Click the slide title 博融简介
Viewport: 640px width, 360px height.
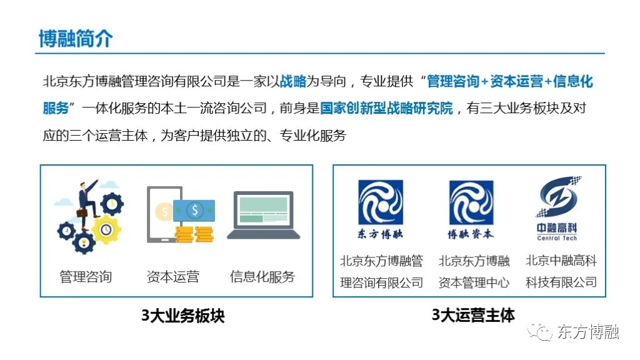(x=76, y=39)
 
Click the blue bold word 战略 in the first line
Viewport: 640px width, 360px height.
(x=293, y=81)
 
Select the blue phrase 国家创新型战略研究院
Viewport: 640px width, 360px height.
(x=386, y=108)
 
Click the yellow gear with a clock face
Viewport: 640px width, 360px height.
(x=106, y=229)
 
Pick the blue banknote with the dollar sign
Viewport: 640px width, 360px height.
(x=194, y=211)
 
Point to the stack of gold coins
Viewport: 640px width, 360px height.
(x=194, y=235)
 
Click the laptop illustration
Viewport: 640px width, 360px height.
(x=264, y=215)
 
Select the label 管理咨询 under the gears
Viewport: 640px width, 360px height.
(x=86, y=277)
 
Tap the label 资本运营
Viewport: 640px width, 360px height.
(x=173, y=277)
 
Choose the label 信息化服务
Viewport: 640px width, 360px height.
(x=262, y=277)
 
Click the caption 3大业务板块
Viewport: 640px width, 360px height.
(x=183, y=316)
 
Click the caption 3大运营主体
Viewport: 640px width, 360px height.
(x=473, y=315)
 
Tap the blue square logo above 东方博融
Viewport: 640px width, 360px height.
(x=381, y=202)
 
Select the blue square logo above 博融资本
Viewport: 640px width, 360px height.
(x=471, y=203)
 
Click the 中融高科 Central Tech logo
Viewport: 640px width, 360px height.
(x=557, y=209)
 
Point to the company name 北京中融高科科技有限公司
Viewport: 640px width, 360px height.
(x=561, y=271)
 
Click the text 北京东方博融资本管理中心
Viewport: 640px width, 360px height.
(x=474, y=271)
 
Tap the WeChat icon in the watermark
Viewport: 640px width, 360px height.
(x=539, y=331)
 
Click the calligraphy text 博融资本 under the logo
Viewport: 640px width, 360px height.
(x=471, y=234)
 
